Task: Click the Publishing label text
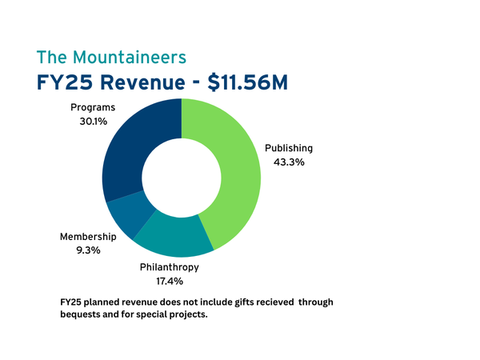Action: click(x=289, y=148)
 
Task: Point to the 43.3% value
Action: click(x=289, y=162)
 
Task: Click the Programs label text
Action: click(x=94, y=107)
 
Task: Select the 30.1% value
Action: click(x=94, y=122)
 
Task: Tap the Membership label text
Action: click(x=88, y=237)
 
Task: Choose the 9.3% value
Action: click(x=88, y=250)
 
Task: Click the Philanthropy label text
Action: click(x=170, y=267)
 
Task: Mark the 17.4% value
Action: click(x=170, y=281)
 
